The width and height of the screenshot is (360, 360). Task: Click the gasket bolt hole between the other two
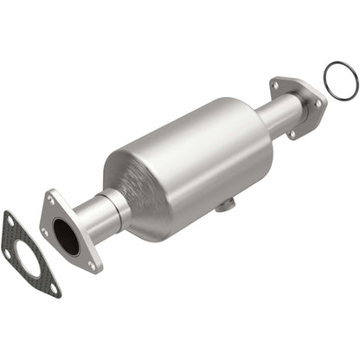click(x=10, y=254)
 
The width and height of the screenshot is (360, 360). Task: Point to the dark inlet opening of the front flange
click(x=65, y=235)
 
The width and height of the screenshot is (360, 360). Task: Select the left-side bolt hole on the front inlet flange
click(x=45, y=231)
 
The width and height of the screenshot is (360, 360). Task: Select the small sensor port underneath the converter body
click(x=224, y=205)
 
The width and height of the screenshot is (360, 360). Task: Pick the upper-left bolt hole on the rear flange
click(x=276, y=84)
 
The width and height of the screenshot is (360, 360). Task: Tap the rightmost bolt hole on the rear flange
click(x=318, y=102)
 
